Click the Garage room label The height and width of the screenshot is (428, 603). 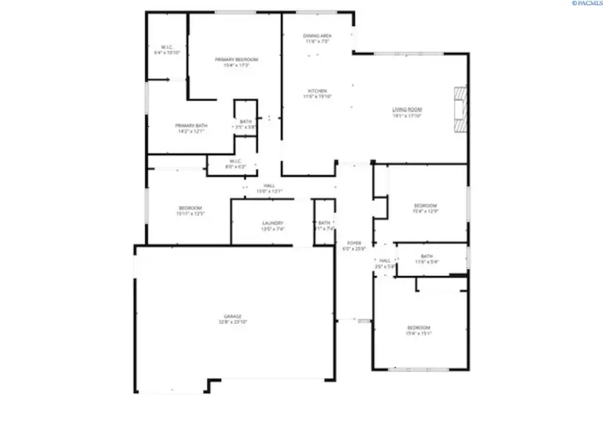click(x=232, y=316)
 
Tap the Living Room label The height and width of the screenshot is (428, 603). click(x=407, y=109)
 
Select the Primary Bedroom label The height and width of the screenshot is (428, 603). click(x=237, y=60)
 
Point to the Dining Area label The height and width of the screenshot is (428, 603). click(x=317, y=35)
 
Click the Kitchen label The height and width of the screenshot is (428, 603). click(x=317, y=91)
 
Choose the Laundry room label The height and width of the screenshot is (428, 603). click(x=273, y=223)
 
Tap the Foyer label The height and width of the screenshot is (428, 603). click(x=354, y=243)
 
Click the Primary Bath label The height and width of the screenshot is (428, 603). click(x=190, y=126)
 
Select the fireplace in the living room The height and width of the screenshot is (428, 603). click(x=460, y=110)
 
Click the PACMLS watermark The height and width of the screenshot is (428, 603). click(x=587, y=3)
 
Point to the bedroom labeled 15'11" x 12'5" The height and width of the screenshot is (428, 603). click(x=190, y=211)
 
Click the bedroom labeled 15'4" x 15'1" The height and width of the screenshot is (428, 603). click(x=419, y=330)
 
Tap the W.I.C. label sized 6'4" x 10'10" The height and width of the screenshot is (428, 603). click(x=167, y=49)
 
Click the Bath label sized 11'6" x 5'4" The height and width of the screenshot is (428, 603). click(x=427, y=259)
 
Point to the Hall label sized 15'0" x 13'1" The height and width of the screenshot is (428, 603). click(x=269, y=188)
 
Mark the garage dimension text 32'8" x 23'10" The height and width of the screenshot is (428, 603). click(x=232, y=322)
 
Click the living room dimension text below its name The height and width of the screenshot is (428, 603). click(x=407, y=115)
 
